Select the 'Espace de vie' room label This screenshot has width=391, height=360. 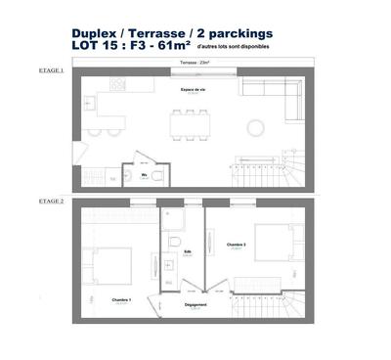coord(194,89)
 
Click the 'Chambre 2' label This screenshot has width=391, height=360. coord(237,245)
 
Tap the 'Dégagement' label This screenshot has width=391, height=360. coord(195,304)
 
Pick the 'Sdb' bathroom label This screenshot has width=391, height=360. coord(189,251)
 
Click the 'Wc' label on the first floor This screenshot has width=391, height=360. coord(144,175)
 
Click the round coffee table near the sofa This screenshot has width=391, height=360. coord(255,126)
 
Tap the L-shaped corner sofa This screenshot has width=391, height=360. coord(278,97)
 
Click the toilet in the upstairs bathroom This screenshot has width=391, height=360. coord(172,240)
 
